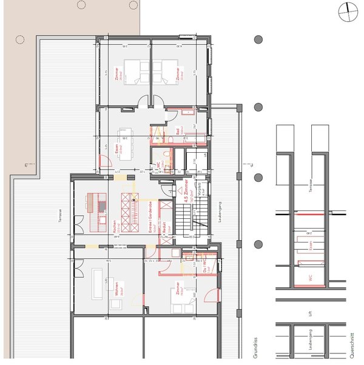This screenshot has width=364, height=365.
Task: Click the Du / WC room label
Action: coord(206,266)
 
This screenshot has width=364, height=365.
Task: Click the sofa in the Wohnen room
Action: coord(98,284)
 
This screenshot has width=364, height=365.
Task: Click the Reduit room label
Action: coord(164,230)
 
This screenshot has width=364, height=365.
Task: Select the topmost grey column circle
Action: coord(258,39)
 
